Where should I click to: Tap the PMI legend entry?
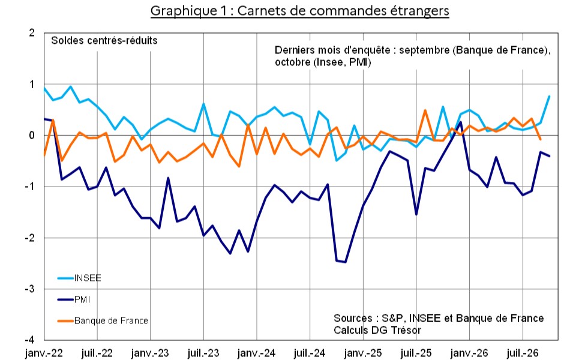point(74,299)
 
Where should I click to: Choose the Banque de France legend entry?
point(103,320)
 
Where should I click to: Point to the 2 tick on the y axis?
point(32,32)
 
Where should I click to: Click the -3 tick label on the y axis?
point(30,289)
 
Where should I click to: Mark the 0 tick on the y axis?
point(32,135)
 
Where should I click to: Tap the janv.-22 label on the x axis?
point(44,353)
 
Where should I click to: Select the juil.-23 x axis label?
point(203,353)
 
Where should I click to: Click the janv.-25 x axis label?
point(363,353)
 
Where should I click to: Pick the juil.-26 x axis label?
point(523,353)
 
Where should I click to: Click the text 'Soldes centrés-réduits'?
point(104,40)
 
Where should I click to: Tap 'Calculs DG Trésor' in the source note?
point(377,330)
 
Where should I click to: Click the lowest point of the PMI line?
point(345,262)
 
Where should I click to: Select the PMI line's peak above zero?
point(461,122)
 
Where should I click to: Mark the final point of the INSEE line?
point(549,96)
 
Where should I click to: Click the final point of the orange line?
point(541,139)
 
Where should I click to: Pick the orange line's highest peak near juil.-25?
point(425,110)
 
